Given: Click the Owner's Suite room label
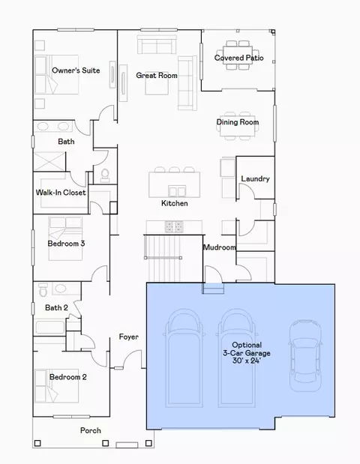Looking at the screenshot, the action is click(76, 70).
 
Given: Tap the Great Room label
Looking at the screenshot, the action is click(157, 76).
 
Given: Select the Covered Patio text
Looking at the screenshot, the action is click(239, 58).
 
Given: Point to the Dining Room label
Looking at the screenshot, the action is click(238, 122).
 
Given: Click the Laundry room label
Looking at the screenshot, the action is click(255, 178).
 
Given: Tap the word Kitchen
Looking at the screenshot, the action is click(174, 203).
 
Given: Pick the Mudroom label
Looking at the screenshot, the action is click(219, 247).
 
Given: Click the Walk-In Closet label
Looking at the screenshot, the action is click(61, 193).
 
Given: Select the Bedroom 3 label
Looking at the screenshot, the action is click(66, 244).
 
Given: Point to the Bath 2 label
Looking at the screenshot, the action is click(56, 308).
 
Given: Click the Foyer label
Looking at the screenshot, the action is click(128, 337).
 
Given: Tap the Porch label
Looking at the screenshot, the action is click(90, 430).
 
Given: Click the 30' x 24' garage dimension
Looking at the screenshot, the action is click(246, 361).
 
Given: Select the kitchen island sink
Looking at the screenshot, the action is click(177, 191).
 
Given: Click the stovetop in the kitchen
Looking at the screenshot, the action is click(174, 227).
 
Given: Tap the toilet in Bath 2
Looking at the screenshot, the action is click(43, 289).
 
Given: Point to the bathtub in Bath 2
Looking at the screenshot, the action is click(49, 328).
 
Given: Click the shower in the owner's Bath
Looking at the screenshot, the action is click(49, 162).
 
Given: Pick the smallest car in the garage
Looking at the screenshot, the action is click(305, 356).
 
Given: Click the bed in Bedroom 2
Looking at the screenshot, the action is click(57, 386).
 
